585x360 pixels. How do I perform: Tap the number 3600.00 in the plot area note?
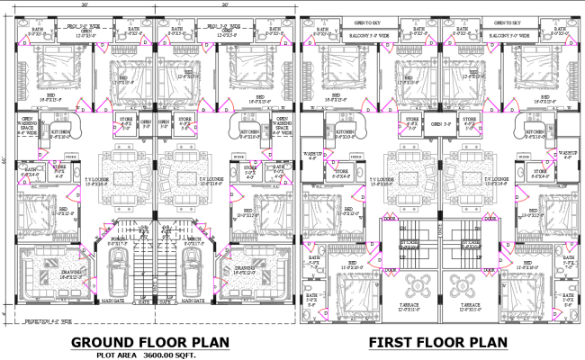[x=159, y=355]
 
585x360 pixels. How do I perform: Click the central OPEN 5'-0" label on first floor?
[x=441, y=124]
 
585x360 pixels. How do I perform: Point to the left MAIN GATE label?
[x=113, y=301]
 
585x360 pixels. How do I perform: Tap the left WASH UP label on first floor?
[x=315, y=154]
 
